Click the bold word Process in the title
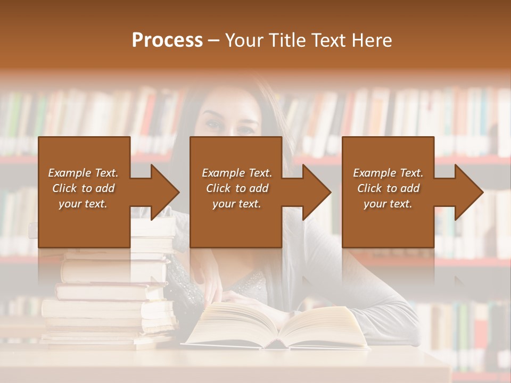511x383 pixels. coord(167,40)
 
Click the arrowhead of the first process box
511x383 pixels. coord(166,192)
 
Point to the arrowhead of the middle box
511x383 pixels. coord(317,192)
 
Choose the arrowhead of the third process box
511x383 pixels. coord(469,192)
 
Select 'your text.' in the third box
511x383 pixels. coord(388,204)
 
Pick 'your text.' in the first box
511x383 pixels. coord(83,204)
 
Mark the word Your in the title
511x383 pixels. coord(245,40)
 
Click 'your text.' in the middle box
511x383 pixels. coord(237,204)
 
